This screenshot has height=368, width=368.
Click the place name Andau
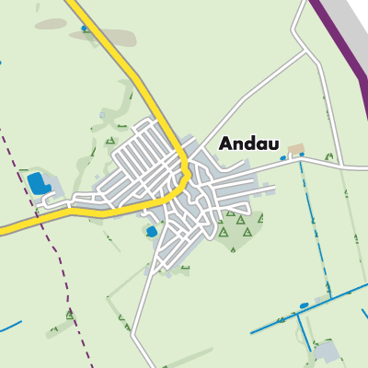(x=251, y=144)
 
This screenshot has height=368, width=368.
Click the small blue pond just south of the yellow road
(x=151, y=232)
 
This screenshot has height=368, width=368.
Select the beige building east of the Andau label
(x=295, y=148)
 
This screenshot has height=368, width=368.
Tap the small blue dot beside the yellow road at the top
(x=86, y=29)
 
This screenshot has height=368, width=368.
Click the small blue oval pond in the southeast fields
(x=304, y=305)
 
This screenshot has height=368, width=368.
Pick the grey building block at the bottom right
(x=326, y=351)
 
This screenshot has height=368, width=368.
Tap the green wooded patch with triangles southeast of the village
(x=236, y=230)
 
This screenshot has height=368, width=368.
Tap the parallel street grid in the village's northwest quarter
(x=147, y=152)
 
